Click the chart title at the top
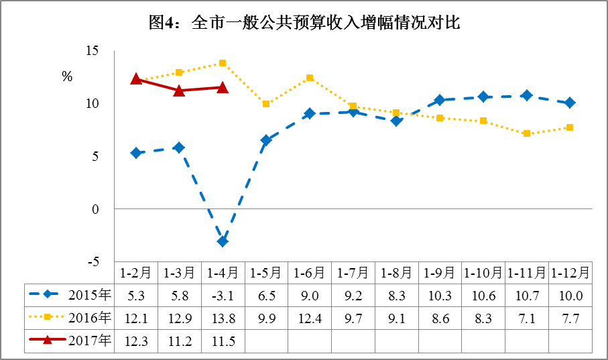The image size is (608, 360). pos(304,23)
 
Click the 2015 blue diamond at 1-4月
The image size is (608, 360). pos(223,241)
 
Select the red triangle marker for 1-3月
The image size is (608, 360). pos(179,91)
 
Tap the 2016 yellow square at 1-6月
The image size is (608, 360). pos(310,78)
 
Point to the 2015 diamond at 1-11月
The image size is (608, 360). pos(527,95)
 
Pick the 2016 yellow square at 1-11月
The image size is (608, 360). pos(527,133)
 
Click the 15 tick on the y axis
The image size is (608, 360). pos(92,51)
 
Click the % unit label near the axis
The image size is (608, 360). pos(67,76)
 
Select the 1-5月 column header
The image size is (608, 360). pos(266,273)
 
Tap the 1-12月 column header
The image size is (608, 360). pos(570,273)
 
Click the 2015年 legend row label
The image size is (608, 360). pos(90,294)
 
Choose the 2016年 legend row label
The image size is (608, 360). pos(90,318)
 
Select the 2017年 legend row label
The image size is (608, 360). pos(90,341)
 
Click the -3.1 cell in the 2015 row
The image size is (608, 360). pos(223,295)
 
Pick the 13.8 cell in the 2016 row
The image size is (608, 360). pos(223,318)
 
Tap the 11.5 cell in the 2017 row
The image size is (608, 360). pos(223,341)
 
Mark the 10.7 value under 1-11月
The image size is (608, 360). pos(527,295)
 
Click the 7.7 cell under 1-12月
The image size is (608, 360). pos(570,318)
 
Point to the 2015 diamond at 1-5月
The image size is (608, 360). pos(266,140)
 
